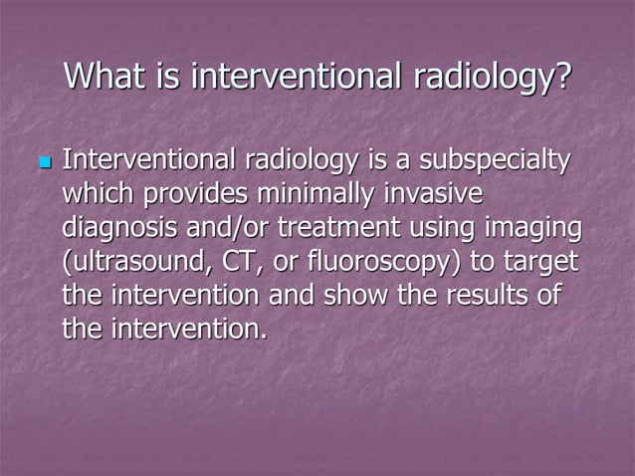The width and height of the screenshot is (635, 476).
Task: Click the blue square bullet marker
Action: click(44, 161)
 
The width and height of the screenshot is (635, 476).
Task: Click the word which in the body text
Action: click(99, 194)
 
